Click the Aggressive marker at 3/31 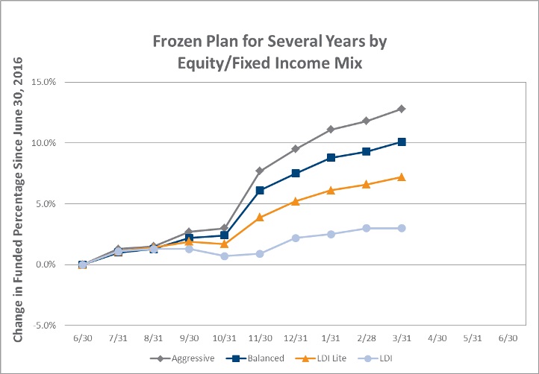(x=401, y=109)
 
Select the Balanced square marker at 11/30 (x=260, y=191)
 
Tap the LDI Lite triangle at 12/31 (x=296, y=201)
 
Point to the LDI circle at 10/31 (x=225, y=256)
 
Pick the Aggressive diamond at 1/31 (x=331, y=130)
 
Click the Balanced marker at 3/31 (x=401, y=142)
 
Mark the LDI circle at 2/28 (x=366, y=228)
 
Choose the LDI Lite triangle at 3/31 (x=401, y=177)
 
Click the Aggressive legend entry (x=183, y=358)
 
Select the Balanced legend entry (x=255, y=358)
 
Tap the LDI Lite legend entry (x=321, y=358)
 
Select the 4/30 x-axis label (x=437, y=338)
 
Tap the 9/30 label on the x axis (x=189, y=338)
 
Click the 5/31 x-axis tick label (x=473, y=338)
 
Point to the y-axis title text (x=18, y=200)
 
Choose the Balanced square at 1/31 (x=331, y=157)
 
